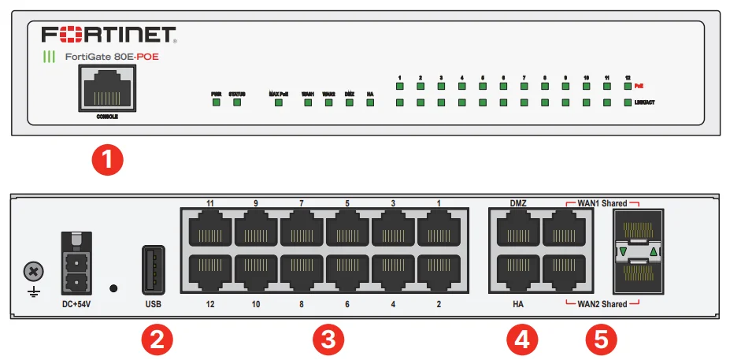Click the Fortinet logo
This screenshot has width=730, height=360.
click(x=109, y=35)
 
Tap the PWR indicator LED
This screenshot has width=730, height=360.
click(x=216, y=103)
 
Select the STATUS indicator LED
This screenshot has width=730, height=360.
click(x=236, y=103)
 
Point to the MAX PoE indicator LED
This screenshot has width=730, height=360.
click(x=278, y=103)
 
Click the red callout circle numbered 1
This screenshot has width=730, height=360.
click(x=108, y=159)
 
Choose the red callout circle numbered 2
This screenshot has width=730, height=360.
click(x=156, y=340)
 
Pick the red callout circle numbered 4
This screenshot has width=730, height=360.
click(x=521, y=340)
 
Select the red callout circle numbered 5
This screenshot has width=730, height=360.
click(x=602, y=340)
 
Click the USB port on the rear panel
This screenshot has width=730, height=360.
click(x=154, y=270)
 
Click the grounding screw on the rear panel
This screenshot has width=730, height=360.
click(x=34, y=272)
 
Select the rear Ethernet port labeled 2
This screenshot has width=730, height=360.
click(x=439, y=272)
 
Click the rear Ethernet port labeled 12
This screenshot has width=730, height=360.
click(x=209, y=272)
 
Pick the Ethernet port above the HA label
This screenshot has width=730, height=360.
click(x=517, y=272)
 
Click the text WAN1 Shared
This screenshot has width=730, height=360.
click(x=602, y=203)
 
